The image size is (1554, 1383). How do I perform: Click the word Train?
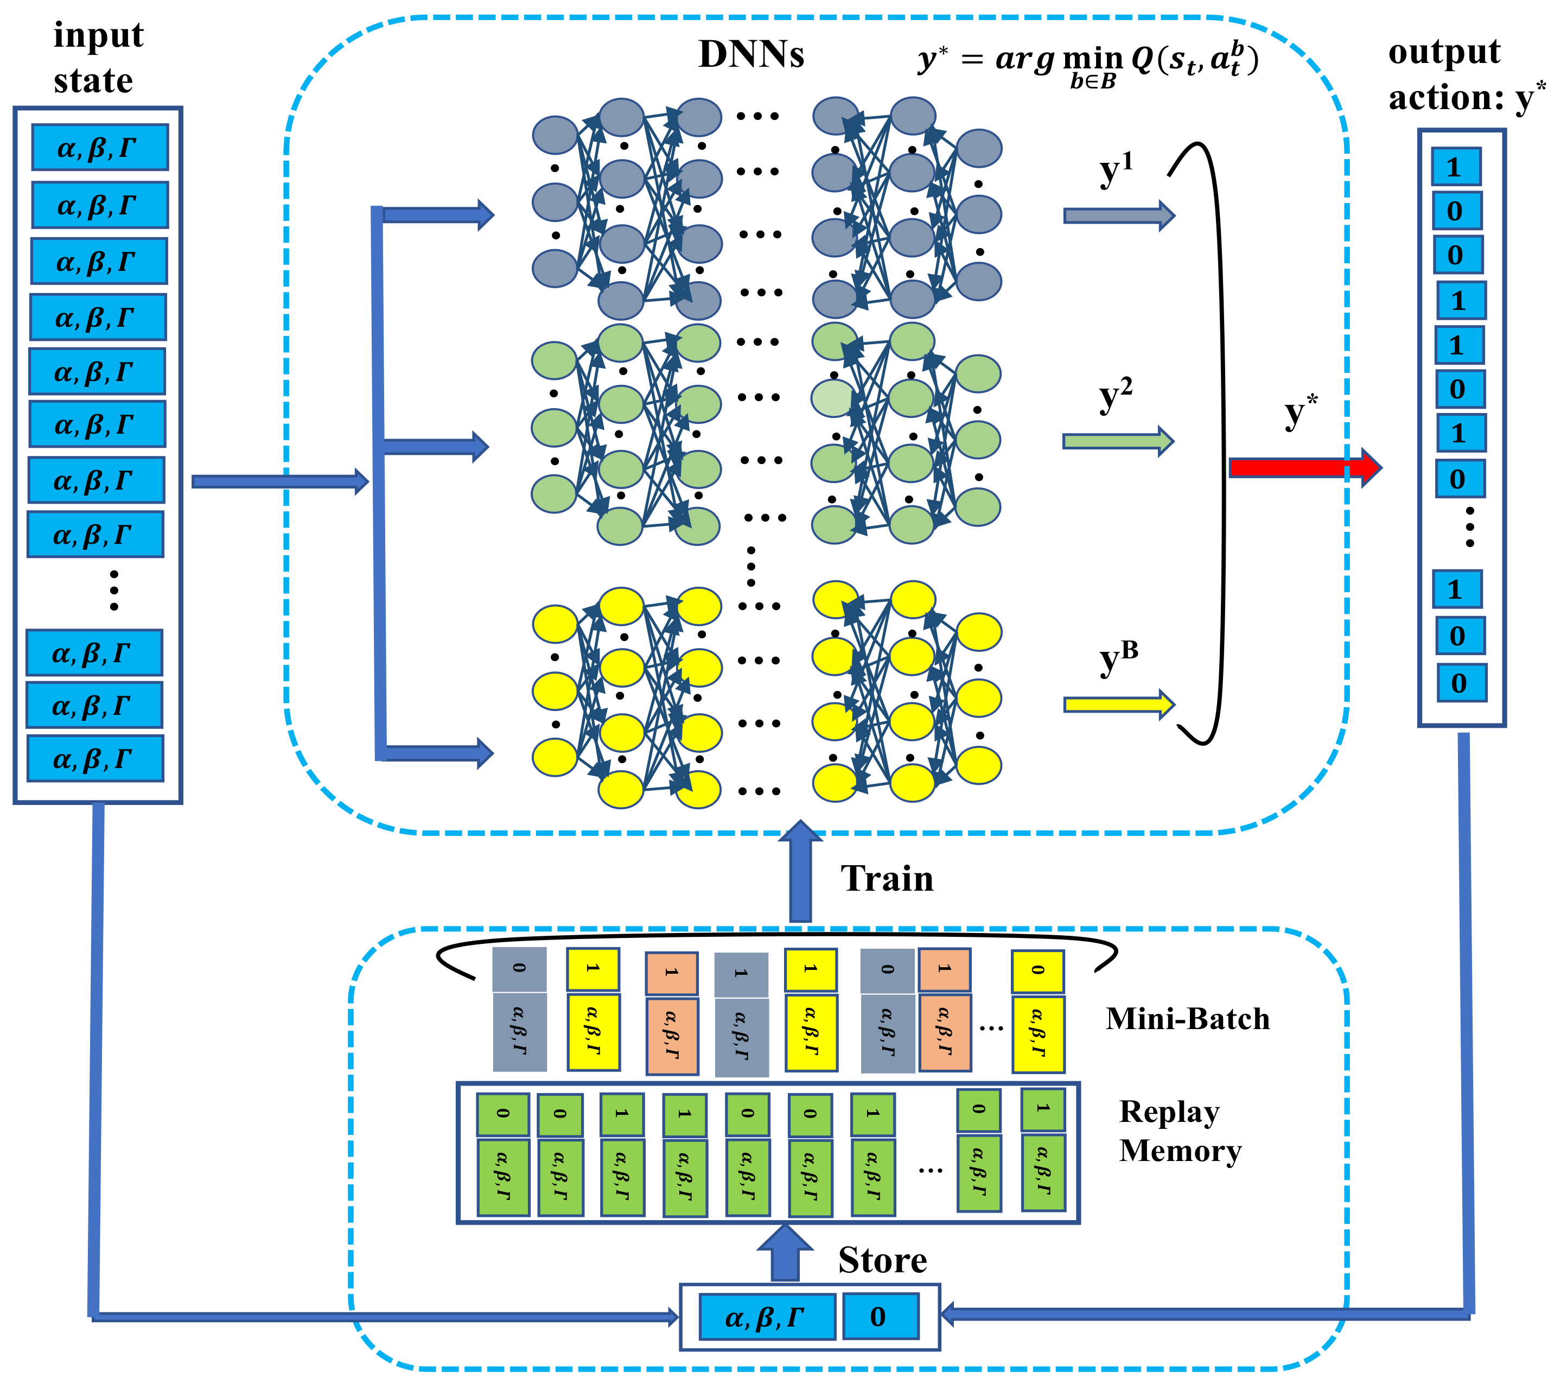point(887,879)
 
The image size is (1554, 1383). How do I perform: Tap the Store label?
point(882,1260)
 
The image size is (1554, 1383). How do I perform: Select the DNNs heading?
point(750,55)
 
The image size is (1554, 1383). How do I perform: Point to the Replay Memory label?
point(1179,1131)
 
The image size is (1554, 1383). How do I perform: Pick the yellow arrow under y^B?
point(1118,705)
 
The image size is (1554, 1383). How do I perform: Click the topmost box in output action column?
point(1455,167)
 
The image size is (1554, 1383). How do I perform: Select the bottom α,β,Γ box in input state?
point(95,758)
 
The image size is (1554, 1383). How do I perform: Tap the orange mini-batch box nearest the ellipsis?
point(944,1010)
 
